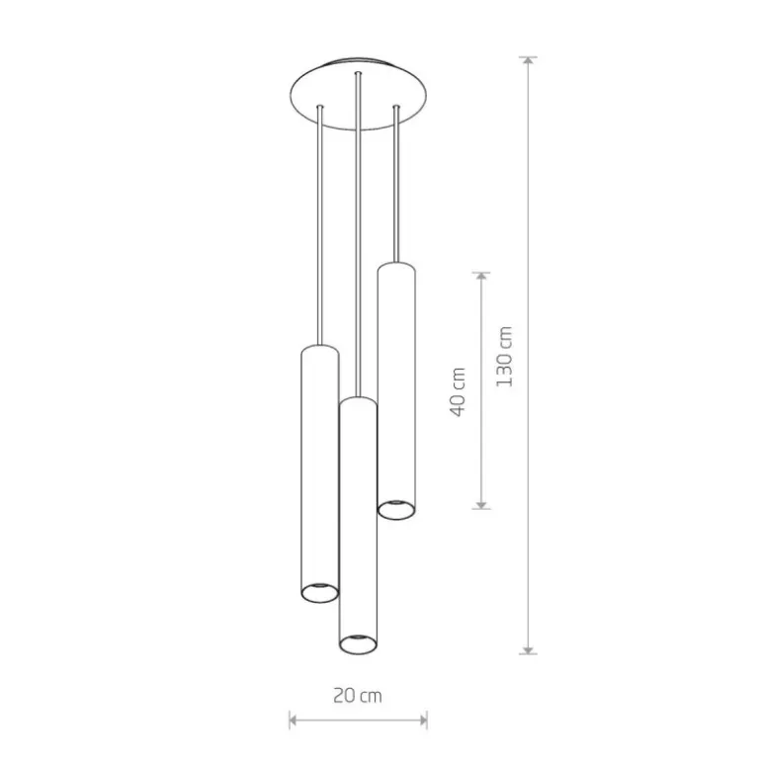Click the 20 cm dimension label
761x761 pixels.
[x=357, y=696]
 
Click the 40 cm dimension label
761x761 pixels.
[x=458, y=391]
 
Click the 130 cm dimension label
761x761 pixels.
[x=505, y=357]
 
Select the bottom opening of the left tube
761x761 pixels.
[x=319, y=591]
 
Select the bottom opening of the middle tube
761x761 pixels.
[x=358, y=644]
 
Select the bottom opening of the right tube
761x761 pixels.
[x=396, y=508]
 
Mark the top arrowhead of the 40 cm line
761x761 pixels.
[x=481, y=277]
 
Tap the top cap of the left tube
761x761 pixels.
[x=319, y=348]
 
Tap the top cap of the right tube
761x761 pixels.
[x=396, y=266]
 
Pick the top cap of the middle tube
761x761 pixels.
[x=358, y=400]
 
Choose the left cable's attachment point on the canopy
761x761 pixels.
[x=319, y=107]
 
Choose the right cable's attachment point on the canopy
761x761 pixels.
[x=396, y=107]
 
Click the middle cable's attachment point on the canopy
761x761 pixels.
[x=358, y=74]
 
